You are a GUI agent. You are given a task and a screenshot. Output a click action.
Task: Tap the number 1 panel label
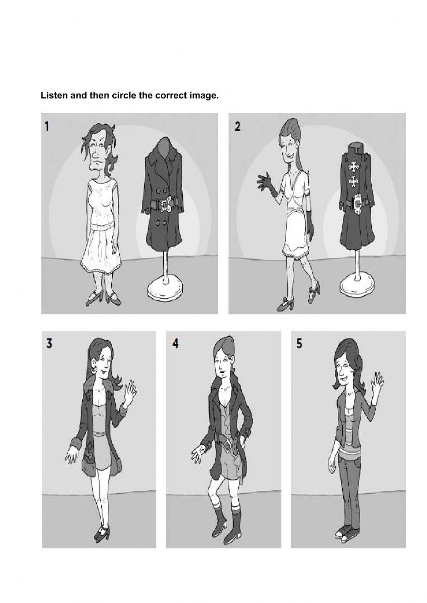tap(47, 126)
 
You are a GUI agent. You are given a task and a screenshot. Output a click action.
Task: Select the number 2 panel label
tap(237, 126)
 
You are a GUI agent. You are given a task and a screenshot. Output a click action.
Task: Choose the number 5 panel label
tap(299, 343)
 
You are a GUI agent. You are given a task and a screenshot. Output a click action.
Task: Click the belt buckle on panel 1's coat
tap(165, 204)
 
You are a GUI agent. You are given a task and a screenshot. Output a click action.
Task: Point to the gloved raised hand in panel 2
tap(266, 183)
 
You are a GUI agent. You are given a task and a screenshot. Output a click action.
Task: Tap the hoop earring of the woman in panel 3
tap(94, 371)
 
